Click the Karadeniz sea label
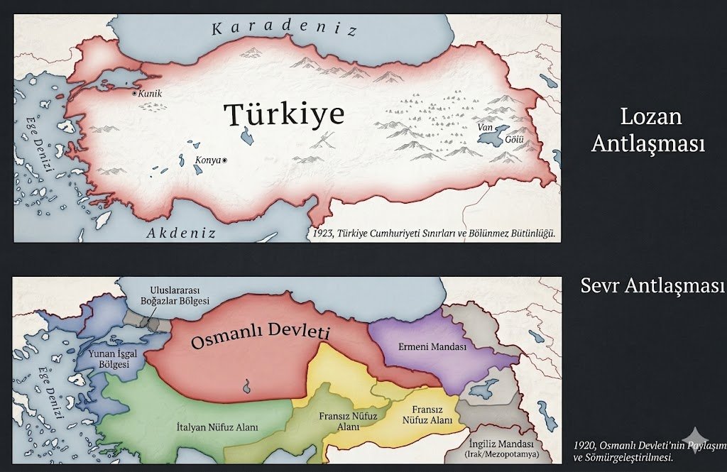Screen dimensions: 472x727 click(284, 29)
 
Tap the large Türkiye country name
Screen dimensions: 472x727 click(284, 114)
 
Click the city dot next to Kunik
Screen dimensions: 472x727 click(134, 93)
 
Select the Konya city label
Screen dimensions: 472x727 click(208, 160)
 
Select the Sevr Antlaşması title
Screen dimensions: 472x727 click(652, 285)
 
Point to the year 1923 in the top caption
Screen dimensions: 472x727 click(322, 234)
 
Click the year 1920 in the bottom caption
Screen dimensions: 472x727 click(584, 445)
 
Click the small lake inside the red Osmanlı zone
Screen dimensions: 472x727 click(247, 387)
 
